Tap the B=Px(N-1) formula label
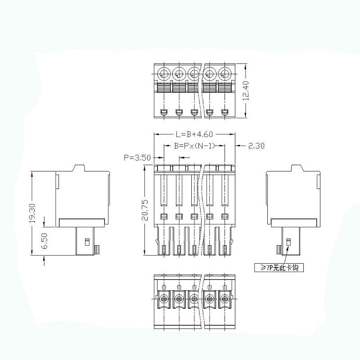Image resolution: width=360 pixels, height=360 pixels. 194,145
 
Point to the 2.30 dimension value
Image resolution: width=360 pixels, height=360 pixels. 256,145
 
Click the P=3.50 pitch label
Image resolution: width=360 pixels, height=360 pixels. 137,157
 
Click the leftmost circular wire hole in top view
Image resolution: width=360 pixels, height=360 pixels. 164,73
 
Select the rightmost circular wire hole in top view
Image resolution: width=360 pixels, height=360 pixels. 225,73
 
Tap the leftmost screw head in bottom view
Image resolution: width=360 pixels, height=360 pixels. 164,298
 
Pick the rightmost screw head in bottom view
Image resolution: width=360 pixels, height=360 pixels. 225,298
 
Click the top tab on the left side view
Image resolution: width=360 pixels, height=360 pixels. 79,168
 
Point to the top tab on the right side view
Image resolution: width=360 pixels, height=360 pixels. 298,168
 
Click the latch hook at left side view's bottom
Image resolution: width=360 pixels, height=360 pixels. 97,249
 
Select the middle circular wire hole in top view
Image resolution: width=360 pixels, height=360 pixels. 194,73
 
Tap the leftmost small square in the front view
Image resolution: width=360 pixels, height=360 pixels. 163,216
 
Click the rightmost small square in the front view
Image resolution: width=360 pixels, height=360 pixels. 225,216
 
